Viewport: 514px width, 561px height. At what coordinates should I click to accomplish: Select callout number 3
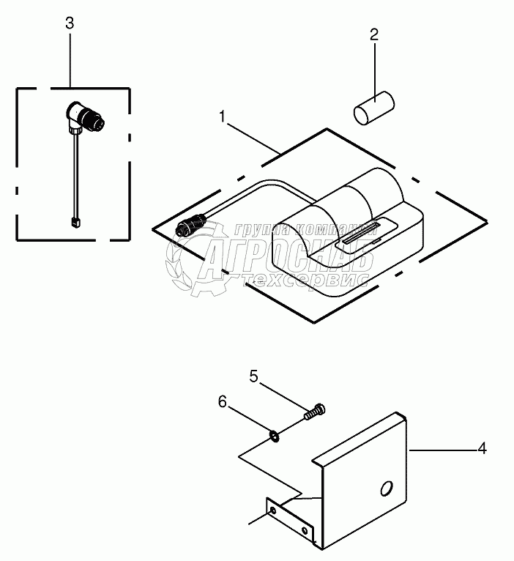tap(70, 23)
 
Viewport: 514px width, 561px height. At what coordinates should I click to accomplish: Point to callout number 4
tap(482, 448)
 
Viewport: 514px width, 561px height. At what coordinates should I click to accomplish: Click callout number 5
tap(253, 376)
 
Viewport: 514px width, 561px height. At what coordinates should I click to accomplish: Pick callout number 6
tap(221, 402)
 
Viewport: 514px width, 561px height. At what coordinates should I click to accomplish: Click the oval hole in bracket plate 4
tap(386, 489)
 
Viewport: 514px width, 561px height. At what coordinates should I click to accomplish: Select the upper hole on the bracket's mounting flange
tap(273, 508)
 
